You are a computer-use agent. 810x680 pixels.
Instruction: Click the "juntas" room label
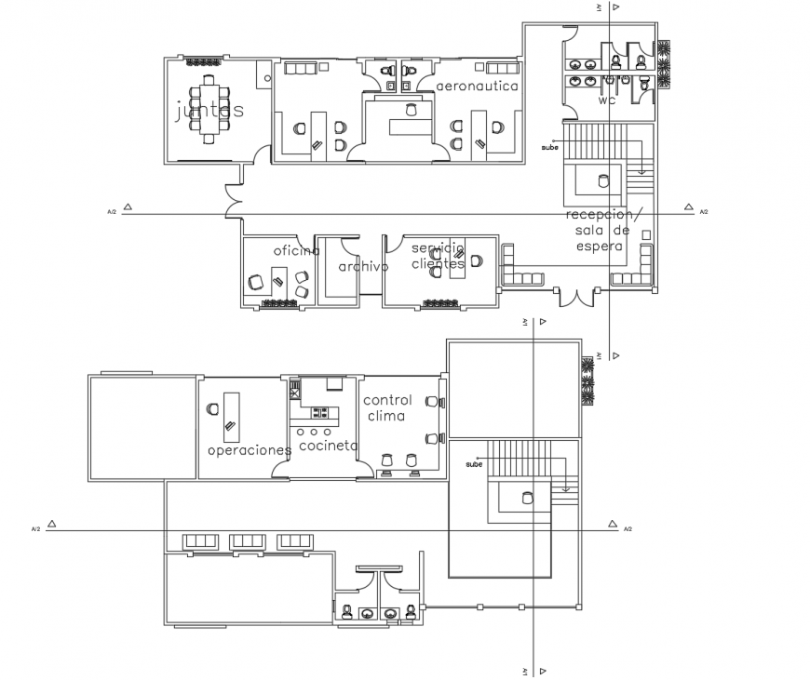click(209, 111)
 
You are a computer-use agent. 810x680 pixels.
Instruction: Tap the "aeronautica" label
click(477, 86)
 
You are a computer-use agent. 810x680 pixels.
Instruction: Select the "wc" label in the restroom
click(607, 100)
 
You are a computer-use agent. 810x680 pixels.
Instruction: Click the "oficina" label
click(296, 251)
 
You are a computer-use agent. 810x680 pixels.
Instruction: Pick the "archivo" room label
click(362, 266)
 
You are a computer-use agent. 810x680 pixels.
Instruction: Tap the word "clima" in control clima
click(386, 417)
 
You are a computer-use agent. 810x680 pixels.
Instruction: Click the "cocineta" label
click(328, 446)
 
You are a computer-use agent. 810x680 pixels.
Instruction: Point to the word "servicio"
click(438, 249)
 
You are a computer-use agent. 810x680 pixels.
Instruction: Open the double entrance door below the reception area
click(575, 297)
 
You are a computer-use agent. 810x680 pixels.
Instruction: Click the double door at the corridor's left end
click(233, 197)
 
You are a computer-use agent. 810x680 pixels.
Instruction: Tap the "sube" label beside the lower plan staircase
click(475, 463)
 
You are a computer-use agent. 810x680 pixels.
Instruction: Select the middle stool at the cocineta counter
click(314, 433)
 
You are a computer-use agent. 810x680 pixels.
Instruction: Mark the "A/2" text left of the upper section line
click(112, 212)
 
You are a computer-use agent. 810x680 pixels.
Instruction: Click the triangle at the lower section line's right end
click(611, 525)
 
